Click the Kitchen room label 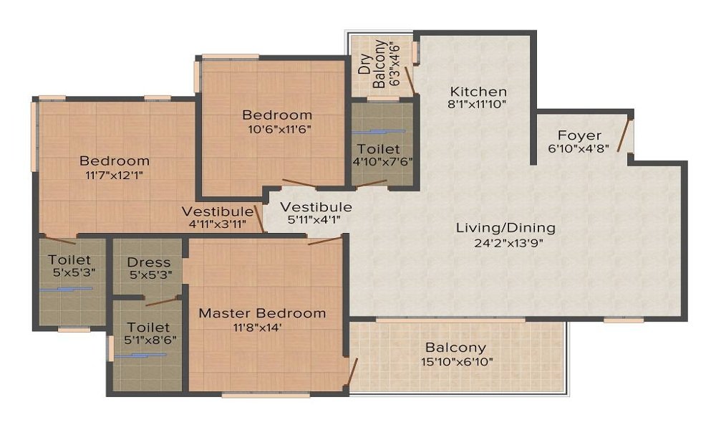[x=478, y=91]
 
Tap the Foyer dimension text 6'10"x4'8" [x=579, y=148]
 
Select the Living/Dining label [x=506, y=228]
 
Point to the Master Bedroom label [x=262, y=313]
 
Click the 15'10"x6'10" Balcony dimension [x=457, y=363]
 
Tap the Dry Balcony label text [x=372, y=64]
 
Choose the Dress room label [x=149, y=262]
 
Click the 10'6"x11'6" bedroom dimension [x=279, y=129]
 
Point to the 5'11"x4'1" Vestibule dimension [x=314, y=219]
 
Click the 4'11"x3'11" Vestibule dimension [x=218, y=224]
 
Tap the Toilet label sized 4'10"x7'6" [x=379, y=149]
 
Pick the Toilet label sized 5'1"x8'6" [x=148, y=328]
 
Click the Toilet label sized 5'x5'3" [x=69, y=259]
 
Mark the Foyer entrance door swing [x=624, y=135]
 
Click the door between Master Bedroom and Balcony [x=351, y=371]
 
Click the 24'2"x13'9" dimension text [x=508, y=243]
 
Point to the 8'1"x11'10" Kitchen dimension [x=478, y=104]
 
